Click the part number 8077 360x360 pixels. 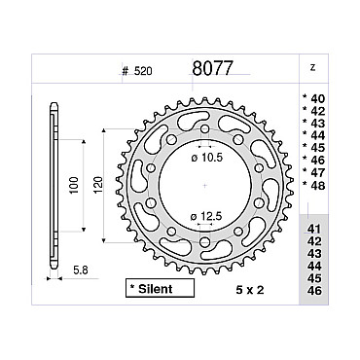212,68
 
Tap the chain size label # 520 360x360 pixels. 137,71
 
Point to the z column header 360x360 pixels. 312,68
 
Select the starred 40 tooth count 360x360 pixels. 313,98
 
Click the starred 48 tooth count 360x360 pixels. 313,185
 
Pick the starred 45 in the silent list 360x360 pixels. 313,148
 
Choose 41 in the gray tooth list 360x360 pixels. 314,229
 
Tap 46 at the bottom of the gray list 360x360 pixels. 314,291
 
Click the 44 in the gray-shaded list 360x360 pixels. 314,266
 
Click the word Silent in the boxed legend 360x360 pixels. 156,289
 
